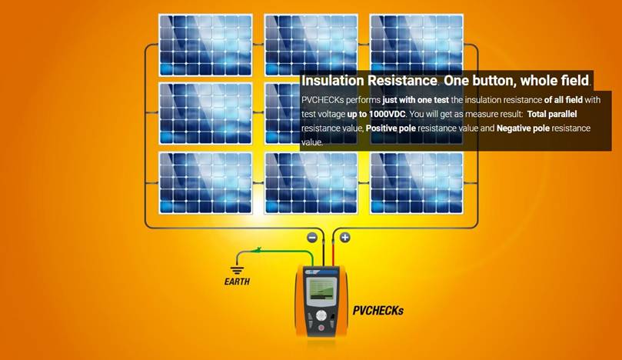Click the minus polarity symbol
click(312, 238)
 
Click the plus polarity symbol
click(344, 238)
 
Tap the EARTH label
click(237, 282)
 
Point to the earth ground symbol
click(237, 270)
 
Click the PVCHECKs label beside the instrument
click(378, 311)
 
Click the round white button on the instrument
click(321, 315)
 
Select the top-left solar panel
click(205, 45)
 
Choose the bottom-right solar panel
click(417, 183)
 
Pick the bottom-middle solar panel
click(311, 183)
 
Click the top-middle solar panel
click(311, 44)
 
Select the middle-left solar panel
click(205, 114)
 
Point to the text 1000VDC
click(387, 114)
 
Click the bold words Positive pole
click(391, 128)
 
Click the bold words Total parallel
click(552, 114)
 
